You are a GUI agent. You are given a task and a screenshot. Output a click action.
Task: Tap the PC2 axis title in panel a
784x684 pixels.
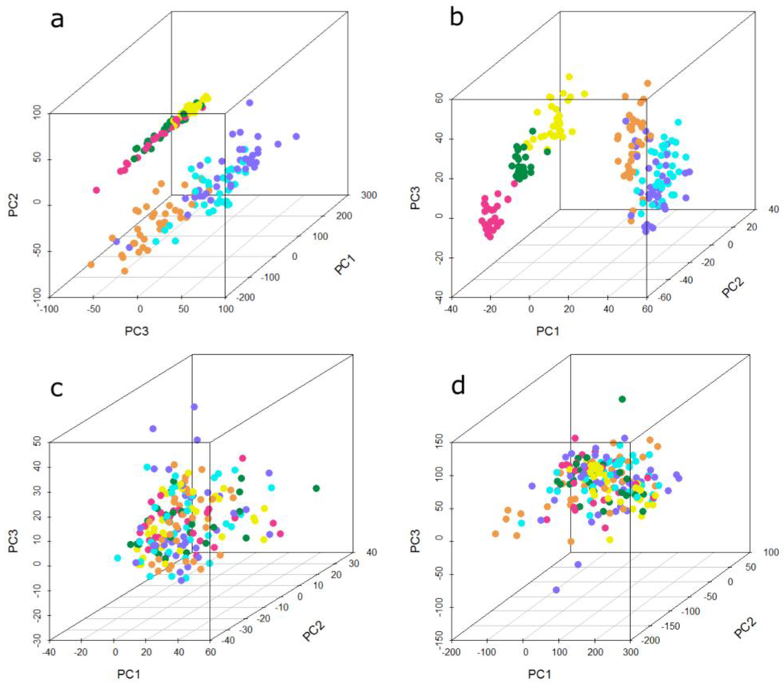[13, 204]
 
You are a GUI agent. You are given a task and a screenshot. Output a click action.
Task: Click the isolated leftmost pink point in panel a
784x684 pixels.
[96, 190]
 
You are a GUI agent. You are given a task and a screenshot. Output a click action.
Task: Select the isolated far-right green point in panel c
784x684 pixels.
[315, 488]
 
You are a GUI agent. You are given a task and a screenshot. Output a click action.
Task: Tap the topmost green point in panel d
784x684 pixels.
[622, 399]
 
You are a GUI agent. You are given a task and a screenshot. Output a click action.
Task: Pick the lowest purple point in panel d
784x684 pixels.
[557, 590]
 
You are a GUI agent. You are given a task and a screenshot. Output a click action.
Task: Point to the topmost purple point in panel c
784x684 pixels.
[194, 406]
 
